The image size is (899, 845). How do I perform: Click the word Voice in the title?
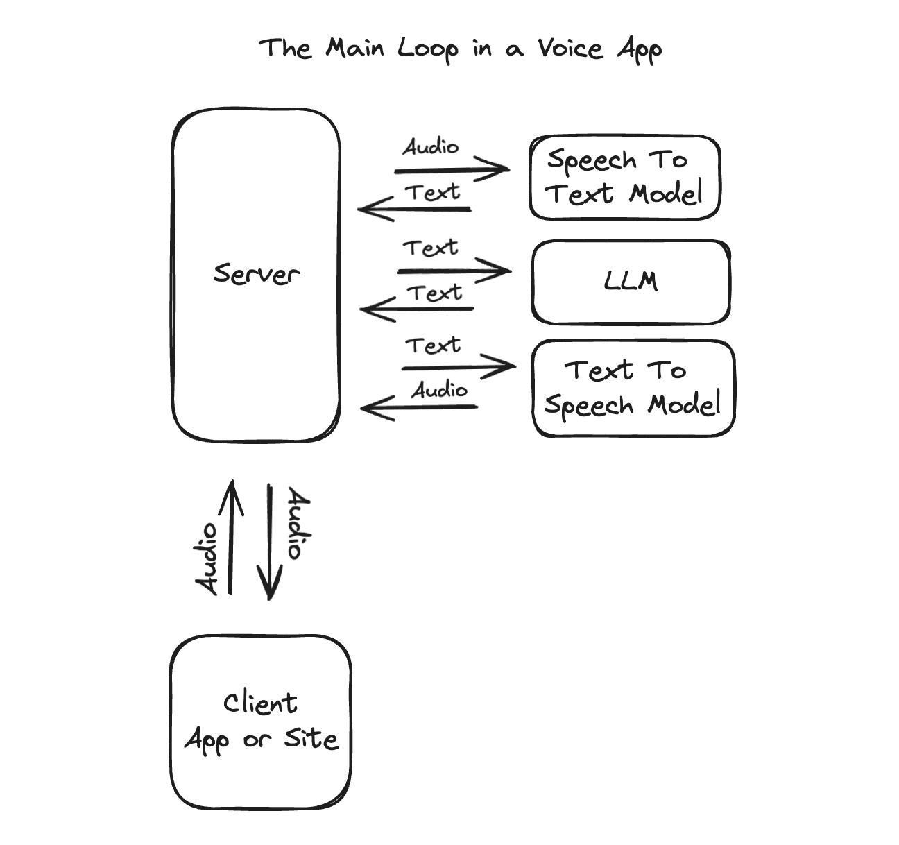tap(570, 49)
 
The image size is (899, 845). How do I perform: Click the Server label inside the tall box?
tap(256, 274)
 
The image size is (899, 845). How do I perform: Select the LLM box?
tap(631, 282)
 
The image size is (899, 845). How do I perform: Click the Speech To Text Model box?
tap(624, 178)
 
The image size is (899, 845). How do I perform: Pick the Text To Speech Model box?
tap(632, 389)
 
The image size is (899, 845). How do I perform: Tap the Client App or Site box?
tap(261, 722)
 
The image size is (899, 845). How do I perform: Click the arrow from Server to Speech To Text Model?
tap(451, 169)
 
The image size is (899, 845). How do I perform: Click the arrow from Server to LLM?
tap(454, 271)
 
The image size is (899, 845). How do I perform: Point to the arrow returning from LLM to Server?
tap(417, 309)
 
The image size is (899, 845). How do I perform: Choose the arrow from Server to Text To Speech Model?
tap(459, 367)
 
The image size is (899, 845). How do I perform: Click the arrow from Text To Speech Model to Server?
tap(419, 407)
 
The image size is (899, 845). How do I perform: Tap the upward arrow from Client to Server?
tap(230, 538)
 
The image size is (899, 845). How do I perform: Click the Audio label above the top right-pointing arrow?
tap(431, 147)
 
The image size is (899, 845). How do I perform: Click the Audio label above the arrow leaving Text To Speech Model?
tap(439, 390)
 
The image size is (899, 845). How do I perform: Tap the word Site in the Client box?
tap(311, 740)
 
